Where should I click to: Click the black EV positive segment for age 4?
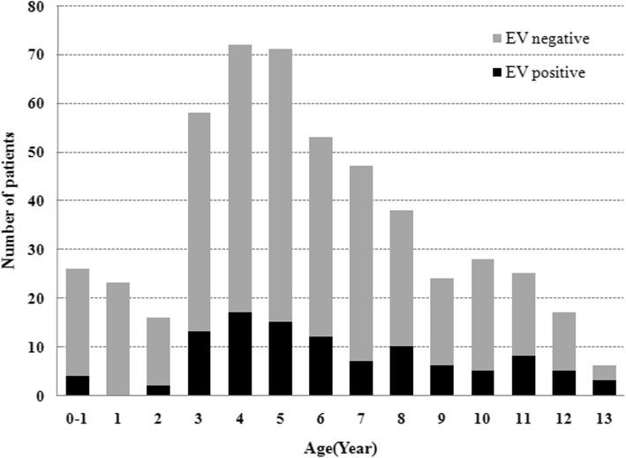point(239,354)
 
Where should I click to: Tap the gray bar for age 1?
point(117,339)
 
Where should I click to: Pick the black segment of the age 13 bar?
point(604,388)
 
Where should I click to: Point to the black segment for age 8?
point(402,371)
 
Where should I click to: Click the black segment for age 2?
point(158,390)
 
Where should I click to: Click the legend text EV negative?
point(552,39)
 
